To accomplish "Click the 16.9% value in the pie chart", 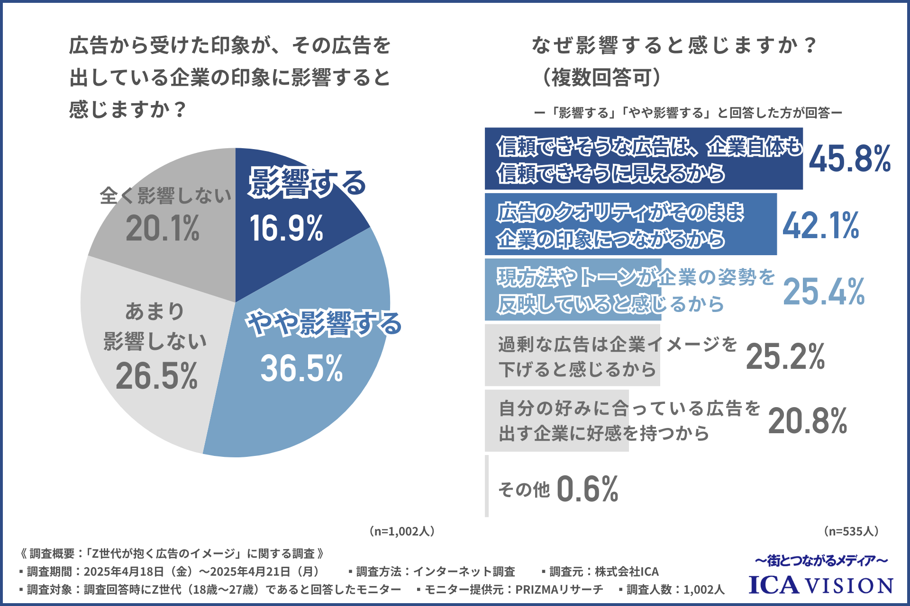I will point(286,228).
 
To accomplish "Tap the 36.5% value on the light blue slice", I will point(301,368).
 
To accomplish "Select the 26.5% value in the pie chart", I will point(156,376).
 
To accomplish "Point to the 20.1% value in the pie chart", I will point(163,228).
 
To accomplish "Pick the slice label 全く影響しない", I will point(165,196).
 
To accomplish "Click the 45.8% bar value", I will point(849,159).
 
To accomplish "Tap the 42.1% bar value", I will point(820,225).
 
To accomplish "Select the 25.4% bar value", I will point(824,291).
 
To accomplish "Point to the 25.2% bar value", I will point(785,356).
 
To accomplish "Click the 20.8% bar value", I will point(808,421).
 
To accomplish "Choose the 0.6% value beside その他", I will point(587,489).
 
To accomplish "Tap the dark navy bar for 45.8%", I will point(643,159).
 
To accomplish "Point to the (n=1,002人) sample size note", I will point(402,531).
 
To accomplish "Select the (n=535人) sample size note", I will point(851,531).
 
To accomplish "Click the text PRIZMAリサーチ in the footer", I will point(559,589).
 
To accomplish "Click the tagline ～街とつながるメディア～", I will point(821,561).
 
